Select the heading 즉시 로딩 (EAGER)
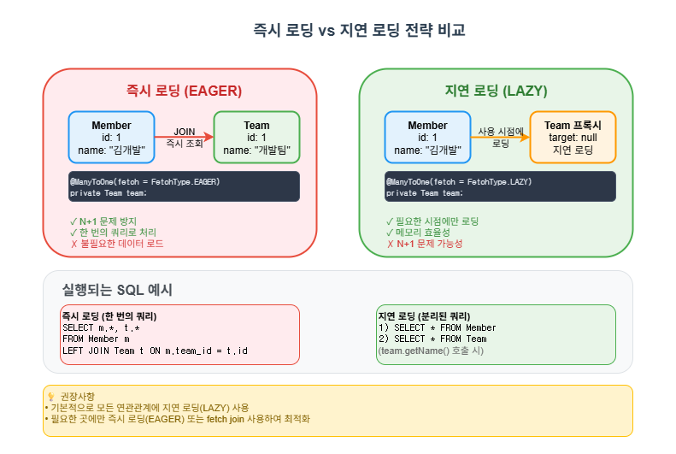point(179,91)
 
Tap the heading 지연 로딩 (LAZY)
point(496,91)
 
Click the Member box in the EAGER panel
point(111,137)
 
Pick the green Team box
point(256,137)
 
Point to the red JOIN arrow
point(184,137)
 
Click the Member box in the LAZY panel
point(427,137)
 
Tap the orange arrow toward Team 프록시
point(500,137)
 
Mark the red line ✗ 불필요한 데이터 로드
point(116,244)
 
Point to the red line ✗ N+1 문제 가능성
point(425,244)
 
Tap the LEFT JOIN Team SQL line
point(155,351)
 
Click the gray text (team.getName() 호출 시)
point(430,351)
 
